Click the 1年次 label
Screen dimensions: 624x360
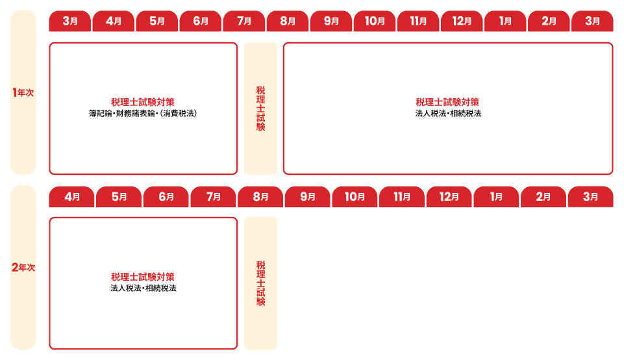(23, 93)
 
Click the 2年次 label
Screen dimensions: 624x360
(23, 267)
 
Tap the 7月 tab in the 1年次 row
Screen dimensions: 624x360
(244, 21)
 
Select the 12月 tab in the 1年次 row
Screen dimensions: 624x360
(462, 21)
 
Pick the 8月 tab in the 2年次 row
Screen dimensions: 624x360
(260, 197)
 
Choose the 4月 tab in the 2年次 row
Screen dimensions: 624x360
(71, 197)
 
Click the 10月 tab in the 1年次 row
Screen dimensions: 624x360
(375, 21)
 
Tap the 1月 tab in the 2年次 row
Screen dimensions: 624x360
(496, 197)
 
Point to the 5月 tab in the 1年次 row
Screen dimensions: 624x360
(156, 21)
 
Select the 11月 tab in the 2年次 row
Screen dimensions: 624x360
(401, 197)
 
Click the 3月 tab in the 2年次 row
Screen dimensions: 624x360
(591, 197)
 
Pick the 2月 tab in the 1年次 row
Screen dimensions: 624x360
(549, 21)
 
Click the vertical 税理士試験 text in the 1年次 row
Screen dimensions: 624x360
(260, 109)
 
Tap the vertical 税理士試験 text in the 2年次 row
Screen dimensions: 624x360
(260, 283)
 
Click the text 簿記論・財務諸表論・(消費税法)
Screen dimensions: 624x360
(143, 114)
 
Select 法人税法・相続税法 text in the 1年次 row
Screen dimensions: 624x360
(448, 114)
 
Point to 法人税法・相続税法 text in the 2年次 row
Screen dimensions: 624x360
(144, 289)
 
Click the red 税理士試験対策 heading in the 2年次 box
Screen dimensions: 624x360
(143, 277)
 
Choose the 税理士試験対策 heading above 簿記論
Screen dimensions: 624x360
(143, 102)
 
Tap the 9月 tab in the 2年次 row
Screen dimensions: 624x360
(307, 197)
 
